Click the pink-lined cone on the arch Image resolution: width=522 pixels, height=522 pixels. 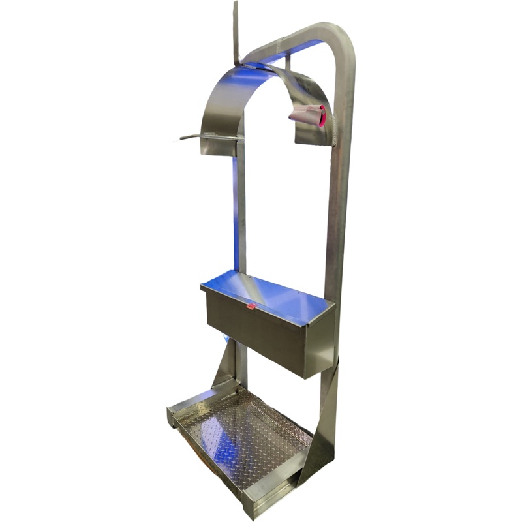tap(308, 115)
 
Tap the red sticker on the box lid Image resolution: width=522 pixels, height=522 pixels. tap(250, 305)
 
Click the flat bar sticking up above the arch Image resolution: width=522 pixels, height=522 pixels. tap(236, 29)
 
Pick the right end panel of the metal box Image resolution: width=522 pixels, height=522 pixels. tap(320, 346)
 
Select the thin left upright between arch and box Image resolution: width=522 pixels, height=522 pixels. tap(241, 215)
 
